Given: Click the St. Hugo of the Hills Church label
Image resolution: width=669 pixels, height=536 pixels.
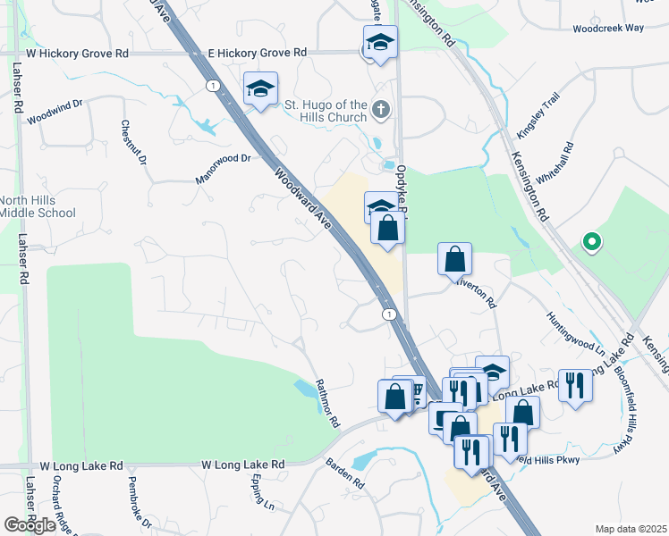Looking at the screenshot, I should click(326, 112).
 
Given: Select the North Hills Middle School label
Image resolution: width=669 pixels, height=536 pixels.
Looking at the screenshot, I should click(37, 206).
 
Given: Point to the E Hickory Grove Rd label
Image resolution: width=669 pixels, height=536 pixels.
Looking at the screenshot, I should click(258, 54).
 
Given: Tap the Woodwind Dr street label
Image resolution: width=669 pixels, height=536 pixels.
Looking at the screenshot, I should click(55, 111).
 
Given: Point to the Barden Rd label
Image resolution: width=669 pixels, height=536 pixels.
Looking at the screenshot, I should click(344, 473).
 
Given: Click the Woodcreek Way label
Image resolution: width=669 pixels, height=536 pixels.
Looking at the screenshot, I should click(608, 29).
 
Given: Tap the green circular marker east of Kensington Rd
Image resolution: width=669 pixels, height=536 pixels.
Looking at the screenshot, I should click(590, 241).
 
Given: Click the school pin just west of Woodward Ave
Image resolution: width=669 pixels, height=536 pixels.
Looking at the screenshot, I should click(261, 88).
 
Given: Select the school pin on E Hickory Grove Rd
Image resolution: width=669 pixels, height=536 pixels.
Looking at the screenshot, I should click(381, 42).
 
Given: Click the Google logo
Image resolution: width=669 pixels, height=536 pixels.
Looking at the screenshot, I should click(30, 525).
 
